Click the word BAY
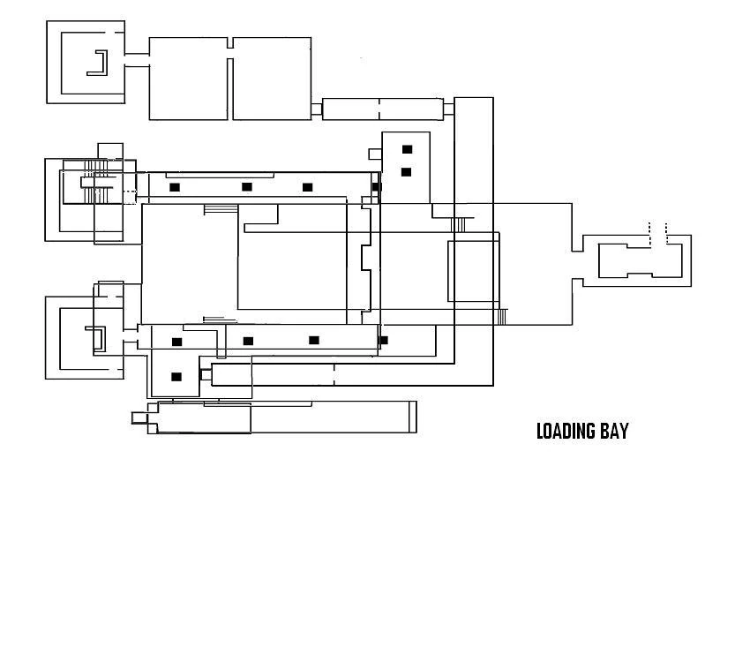click(615, 431)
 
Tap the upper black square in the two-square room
click(407, 149)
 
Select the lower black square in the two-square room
click(406, 172)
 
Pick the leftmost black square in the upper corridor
click(175, 187)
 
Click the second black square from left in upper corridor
click(247, 186)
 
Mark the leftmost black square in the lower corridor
click(177, 342)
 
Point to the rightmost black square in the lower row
click(383, 340)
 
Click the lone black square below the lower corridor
click(176, 377)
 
